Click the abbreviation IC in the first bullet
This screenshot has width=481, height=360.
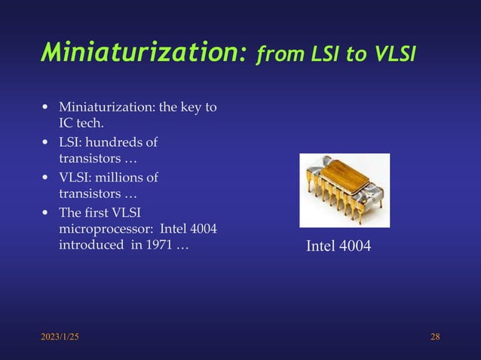tap(67, 123)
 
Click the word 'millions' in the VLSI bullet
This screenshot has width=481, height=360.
tap(120, 178)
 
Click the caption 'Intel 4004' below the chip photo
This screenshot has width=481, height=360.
tap(338, 246)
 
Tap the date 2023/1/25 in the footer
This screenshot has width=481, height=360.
tap(60, 336)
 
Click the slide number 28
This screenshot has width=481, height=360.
tap(435, 336)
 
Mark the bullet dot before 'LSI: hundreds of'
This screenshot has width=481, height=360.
tap(46, 142)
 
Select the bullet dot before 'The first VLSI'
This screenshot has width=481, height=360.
tap(46, 213)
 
